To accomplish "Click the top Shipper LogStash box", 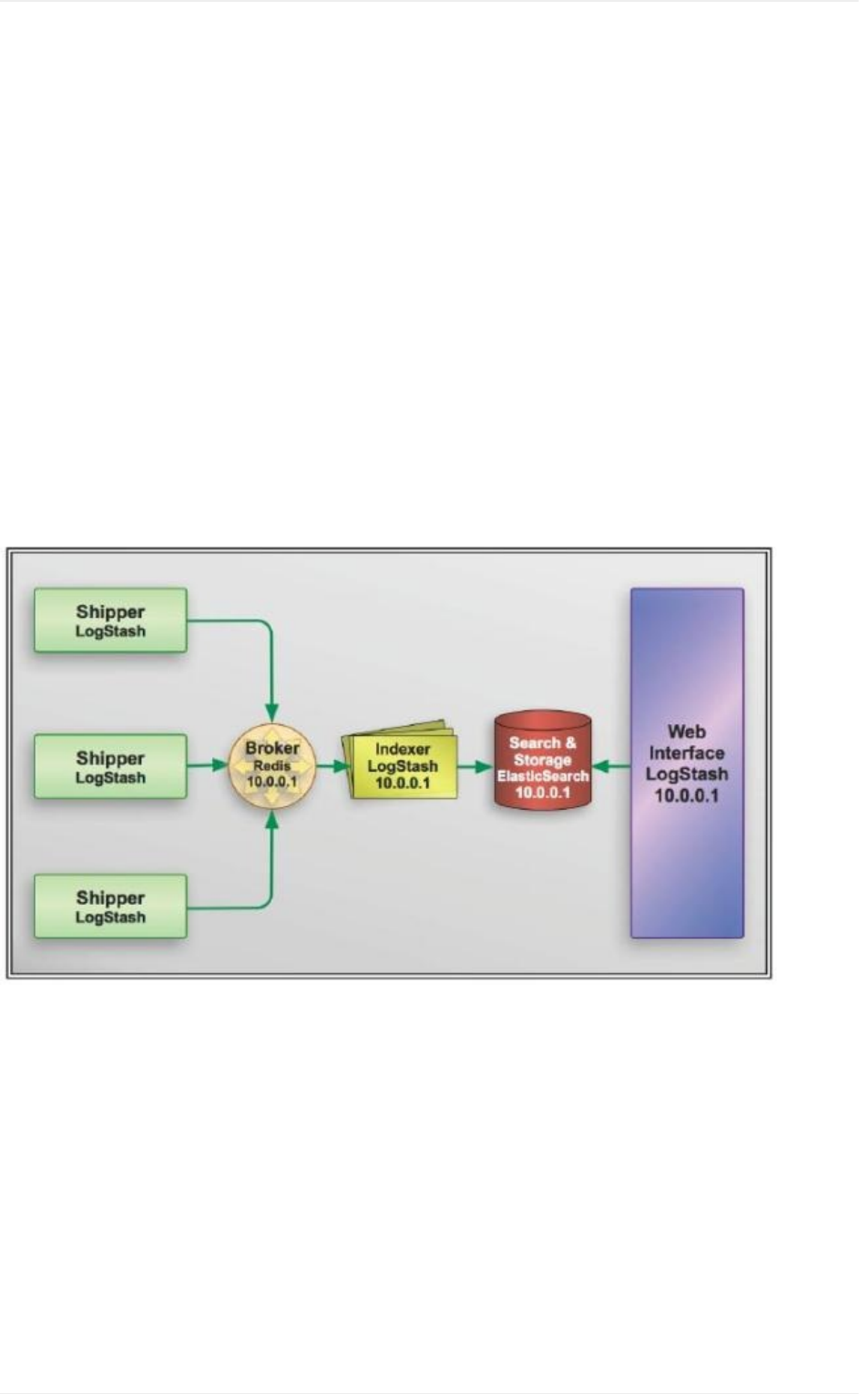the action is [x=110, y=620].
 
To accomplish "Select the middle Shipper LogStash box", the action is [x=110, y=767].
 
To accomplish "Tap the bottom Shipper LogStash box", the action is [x=110, y=907].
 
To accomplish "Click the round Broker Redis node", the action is [x=271, y=766].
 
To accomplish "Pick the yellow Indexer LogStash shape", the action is [x=402, y=766].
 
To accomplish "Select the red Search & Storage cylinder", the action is [x=542, y=762].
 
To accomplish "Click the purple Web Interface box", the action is [x=687, y=764].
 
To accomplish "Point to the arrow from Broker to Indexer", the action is [x=333, y=766].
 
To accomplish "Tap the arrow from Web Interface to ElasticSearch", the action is [x=610, y=767].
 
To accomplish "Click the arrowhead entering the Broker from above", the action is [x=271, y=712].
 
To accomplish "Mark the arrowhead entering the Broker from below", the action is [x=271, y=820].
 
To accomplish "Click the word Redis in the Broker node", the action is [x=271, y=765].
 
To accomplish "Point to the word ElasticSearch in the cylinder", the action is [x=543, y=776].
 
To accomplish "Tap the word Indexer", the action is [x=403, y=749].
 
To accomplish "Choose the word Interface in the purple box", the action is [x=687, y=753].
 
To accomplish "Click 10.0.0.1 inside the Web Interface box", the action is [x=687, y=795].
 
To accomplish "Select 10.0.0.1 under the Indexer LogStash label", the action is [x=403, y=784].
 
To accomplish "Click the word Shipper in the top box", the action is [x=110, y=612].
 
